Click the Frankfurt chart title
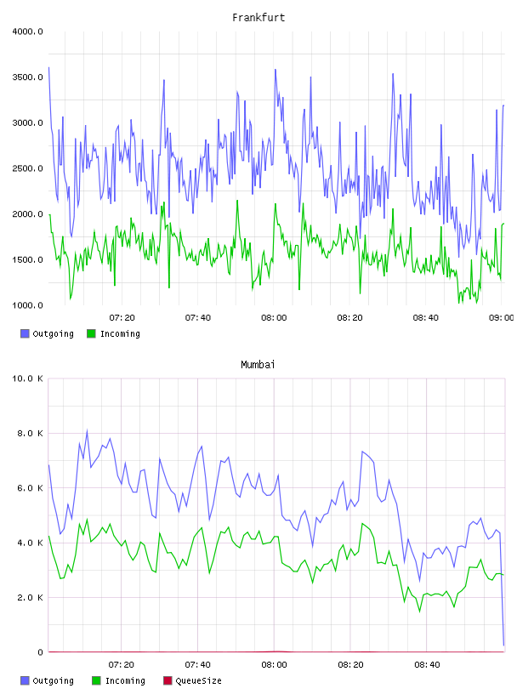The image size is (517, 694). pos(258,18)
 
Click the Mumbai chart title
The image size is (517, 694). pos(258,365)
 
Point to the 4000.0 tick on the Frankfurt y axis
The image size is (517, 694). pos(27,31)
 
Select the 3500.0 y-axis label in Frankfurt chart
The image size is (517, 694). pos(27,77)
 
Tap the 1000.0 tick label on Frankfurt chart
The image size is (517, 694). pos(27,305)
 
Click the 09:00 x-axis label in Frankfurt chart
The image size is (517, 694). pos(501,318)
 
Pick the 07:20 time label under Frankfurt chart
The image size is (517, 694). pos(122,318)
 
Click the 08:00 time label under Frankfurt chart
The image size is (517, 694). pos(274,318)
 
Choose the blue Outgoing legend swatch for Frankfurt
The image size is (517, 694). pos(25,333)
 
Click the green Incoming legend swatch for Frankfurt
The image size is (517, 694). pos(91,333)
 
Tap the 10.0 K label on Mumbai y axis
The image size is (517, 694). pos(27,378)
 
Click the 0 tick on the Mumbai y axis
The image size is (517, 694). pos(40,652)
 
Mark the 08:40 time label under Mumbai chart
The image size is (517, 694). pos(427,665)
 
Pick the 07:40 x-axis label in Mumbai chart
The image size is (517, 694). pos(198,665)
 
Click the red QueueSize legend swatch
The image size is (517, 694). pos(168,680)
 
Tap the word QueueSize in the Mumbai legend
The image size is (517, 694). pos(199,680)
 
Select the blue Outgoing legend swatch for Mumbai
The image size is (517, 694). pos(25,680)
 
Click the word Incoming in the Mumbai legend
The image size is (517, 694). pos(125,680)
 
